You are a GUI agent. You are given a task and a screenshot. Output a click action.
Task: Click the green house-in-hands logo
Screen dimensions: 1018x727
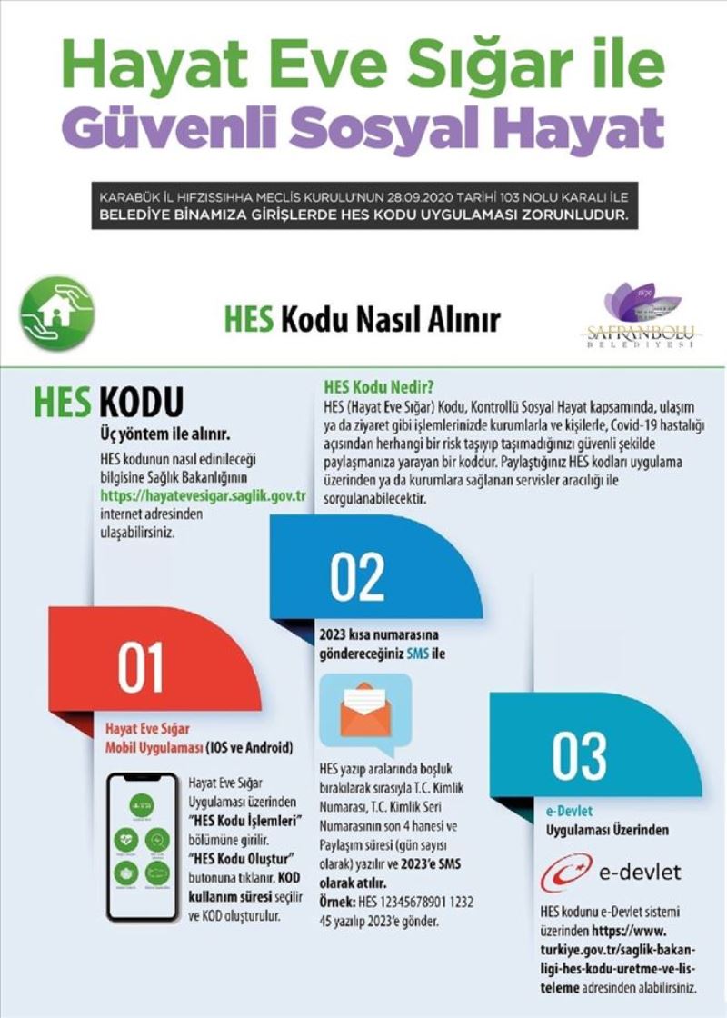57,314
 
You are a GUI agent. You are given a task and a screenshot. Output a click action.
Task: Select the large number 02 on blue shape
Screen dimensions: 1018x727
358,575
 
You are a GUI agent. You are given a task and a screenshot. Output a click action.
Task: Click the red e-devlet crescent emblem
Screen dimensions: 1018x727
566,873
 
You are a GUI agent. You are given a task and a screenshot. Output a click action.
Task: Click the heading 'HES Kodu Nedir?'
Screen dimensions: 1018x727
375,384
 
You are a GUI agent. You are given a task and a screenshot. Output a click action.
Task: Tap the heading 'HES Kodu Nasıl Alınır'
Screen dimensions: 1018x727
362,320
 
